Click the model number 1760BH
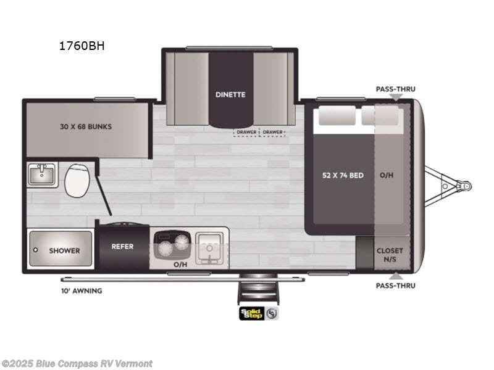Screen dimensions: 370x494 coord(78,46)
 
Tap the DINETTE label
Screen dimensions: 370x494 coord(230,94)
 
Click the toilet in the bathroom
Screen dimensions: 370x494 coord(77,179)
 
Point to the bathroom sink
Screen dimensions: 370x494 coord(42,175)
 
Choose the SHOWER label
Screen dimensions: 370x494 coord(64,250)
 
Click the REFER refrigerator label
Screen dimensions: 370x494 coord(122,247)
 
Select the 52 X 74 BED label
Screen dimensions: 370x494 coord(343,175)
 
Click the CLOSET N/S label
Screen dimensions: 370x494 coord(390,255)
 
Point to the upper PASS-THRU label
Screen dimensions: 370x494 coord(395,89)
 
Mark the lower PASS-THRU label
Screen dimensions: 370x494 coord(395,286)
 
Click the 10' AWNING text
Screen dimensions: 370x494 coord(81,290)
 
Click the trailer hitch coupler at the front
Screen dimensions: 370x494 coord(465,185)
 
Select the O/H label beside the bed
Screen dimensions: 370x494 coord(387,175)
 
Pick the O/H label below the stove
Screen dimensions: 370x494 coord(180,264)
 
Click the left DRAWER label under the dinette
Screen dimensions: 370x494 coord(246,132)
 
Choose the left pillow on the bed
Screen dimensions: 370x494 coord(337,117)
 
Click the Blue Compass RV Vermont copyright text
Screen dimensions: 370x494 coord(77,364)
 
